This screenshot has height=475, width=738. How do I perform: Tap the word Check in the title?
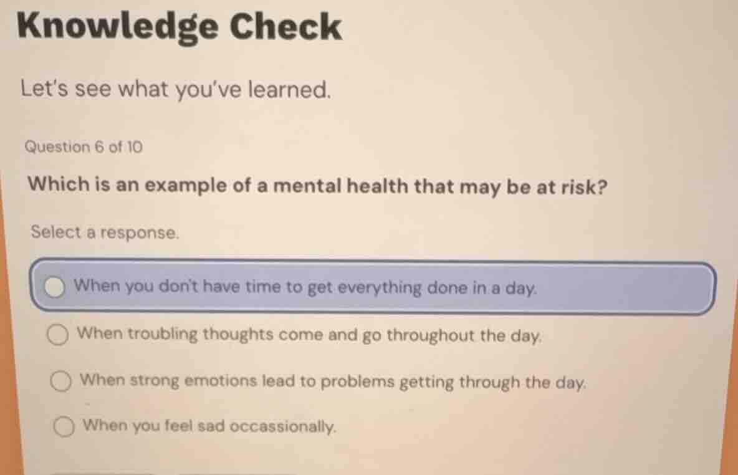coord(286,27)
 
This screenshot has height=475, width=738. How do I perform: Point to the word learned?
coord(289,91)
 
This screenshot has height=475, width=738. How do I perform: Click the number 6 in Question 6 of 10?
coord(99,148)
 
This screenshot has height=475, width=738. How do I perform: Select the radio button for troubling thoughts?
coord(59,335)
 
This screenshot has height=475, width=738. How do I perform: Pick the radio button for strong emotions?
coord(60,381)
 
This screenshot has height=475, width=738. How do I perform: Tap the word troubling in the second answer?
coord(162,334)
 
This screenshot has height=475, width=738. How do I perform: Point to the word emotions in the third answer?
coord(218,380)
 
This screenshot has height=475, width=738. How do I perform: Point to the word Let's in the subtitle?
coord(45,89)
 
